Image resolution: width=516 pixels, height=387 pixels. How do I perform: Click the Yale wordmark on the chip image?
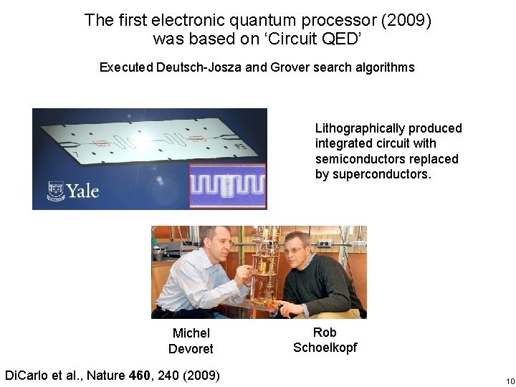(x=82, y=191)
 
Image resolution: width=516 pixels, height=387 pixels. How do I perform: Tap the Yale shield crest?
(x=55, y=191)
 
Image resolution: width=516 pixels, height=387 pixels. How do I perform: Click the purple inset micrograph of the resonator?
(x=227, y=186)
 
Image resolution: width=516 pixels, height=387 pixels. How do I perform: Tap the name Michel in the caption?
(x=191, y=333)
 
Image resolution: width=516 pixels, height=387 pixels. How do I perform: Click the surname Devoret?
(x=191, y=349)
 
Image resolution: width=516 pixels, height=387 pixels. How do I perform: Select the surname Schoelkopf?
(x=325, y=348)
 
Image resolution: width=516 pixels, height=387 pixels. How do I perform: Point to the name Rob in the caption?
(x=325, y=333)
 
